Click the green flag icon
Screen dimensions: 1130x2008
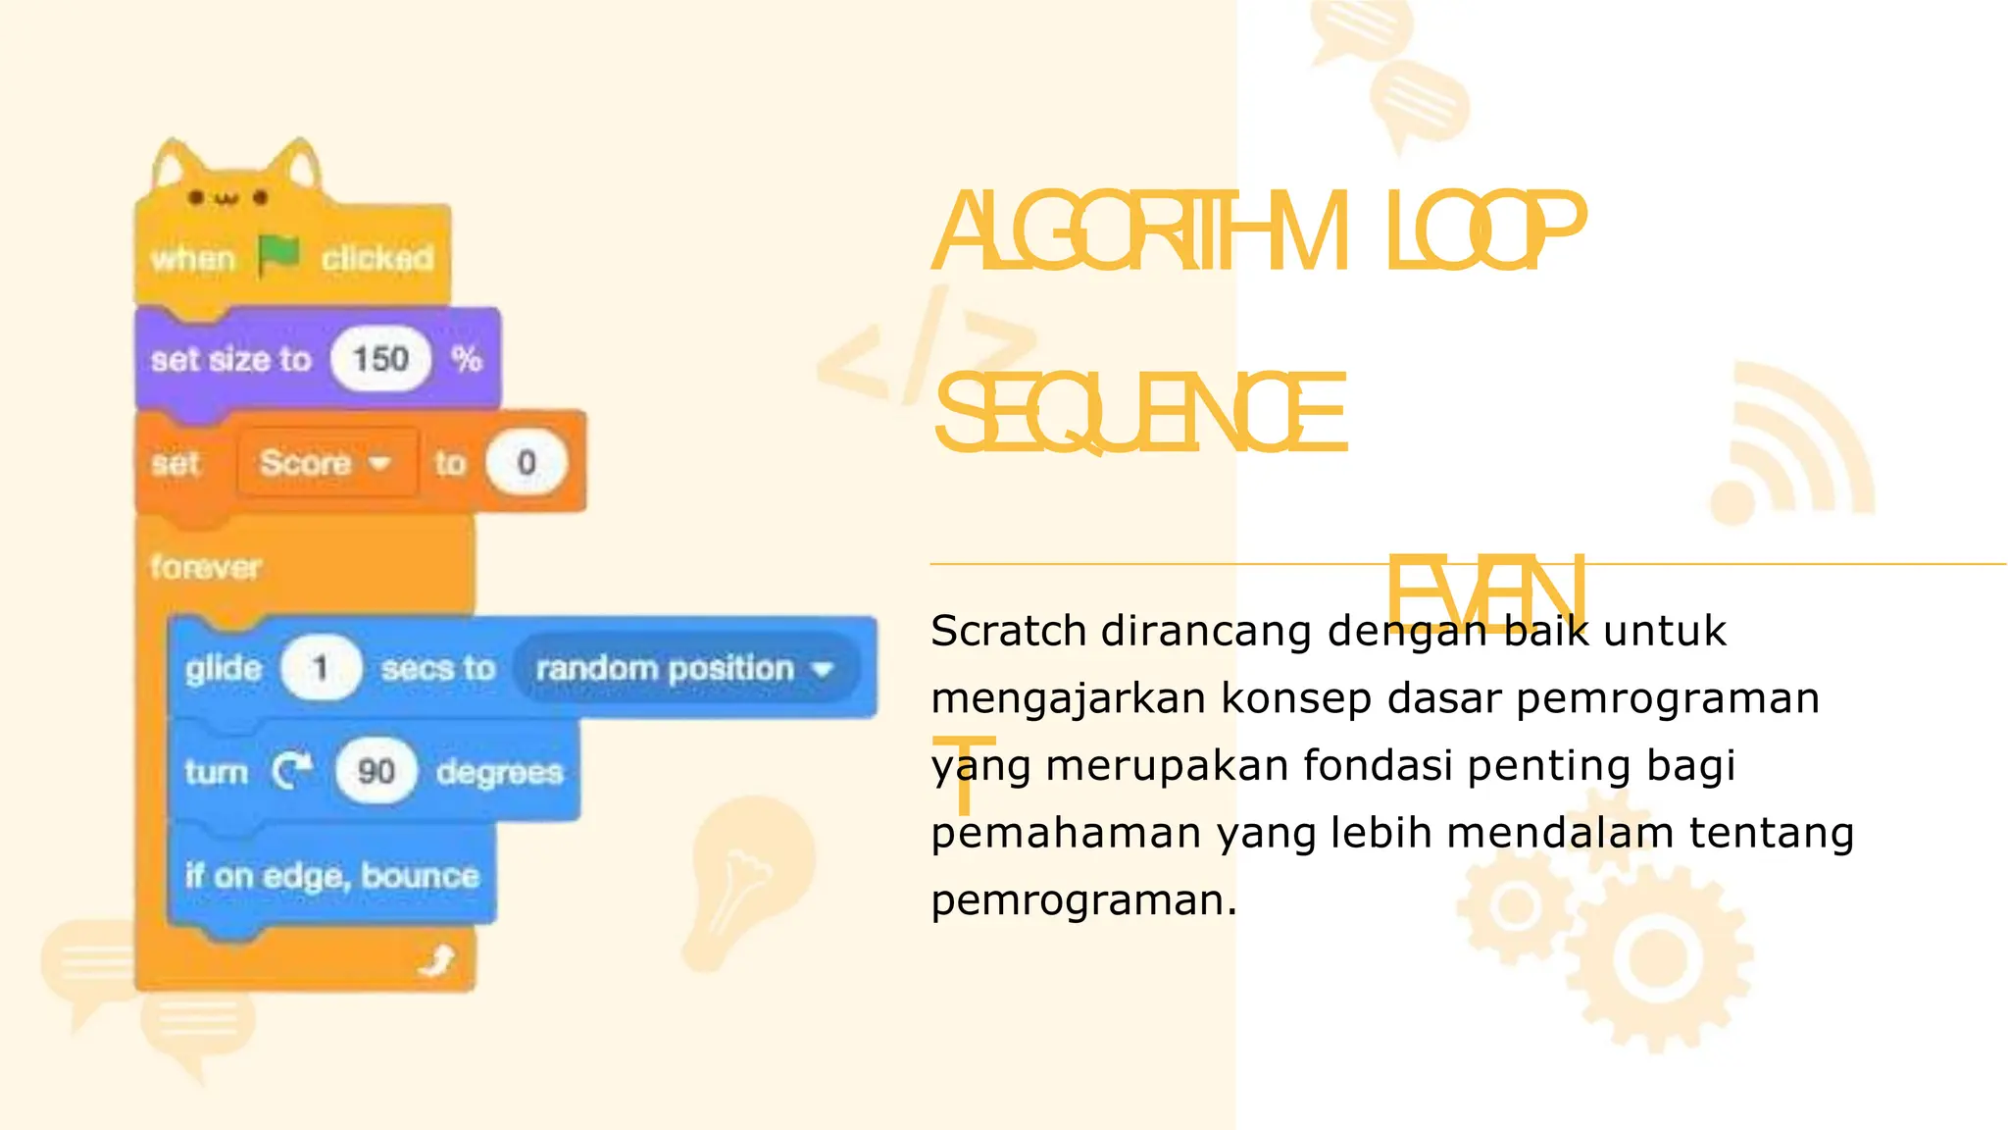tap(278, 256)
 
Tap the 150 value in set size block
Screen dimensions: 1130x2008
tap(380, 359)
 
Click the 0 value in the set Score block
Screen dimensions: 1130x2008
tap(527, 462)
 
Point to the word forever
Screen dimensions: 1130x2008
tap(206, 567)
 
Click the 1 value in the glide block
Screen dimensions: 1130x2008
tap(320, 669)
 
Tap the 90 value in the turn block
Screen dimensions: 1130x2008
tap(376, 772)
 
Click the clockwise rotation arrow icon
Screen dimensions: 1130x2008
tap(292, 771)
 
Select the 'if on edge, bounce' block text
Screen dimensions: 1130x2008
tap(332, 875)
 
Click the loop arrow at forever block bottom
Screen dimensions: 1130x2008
tap(437, 960)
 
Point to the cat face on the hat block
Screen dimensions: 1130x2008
tap(227, 197)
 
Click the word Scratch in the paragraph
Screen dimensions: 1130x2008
tap(1008, 631)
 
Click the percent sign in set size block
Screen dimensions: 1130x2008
tap(468, 359)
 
